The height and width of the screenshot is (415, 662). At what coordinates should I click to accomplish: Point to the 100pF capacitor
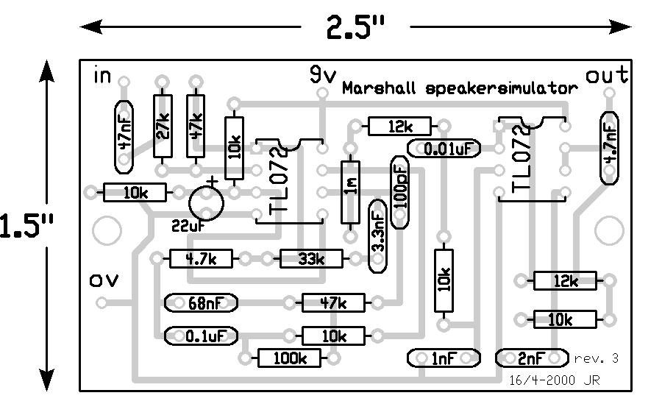(400, 191)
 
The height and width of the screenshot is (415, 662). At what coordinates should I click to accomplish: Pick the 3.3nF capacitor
(377, 233)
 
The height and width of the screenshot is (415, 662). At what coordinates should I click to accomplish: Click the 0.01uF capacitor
(444, 149)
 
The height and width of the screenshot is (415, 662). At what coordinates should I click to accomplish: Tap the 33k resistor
(311, 259)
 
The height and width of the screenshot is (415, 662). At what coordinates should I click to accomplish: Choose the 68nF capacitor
(202, 302)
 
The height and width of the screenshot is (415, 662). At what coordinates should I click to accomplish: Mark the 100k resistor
(290, 358)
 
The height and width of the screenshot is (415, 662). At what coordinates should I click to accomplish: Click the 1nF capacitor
(444, 358)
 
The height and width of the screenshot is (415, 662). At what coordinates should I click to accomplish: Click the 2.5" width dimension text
(356, 28)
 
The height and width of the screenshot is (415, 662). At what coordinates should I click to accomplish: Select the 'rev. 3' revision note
(596, 358)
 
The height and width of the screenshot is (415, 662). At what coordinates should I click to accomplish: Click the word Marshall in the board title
(381, 88)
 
